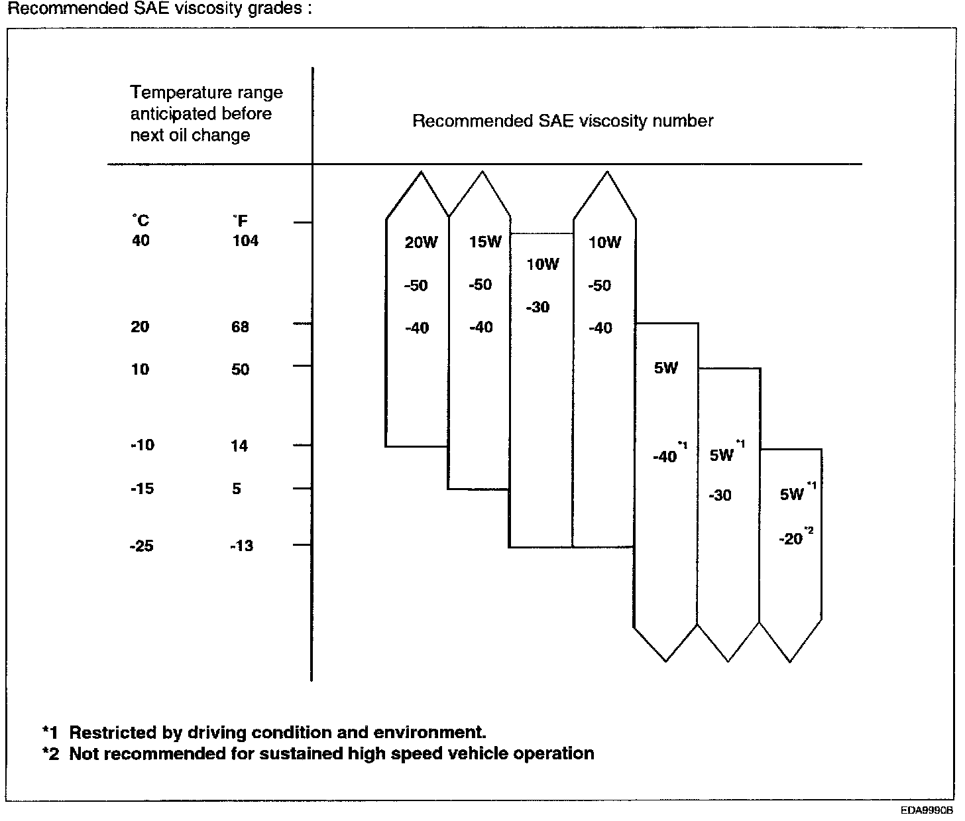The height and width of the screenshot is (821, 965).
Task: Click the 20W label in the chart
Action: click(421, 243)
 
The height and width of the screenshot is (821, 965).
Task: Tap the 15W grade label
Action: click(485, 242)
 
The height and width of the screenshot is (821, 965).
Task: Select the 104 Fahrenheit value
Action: click(245, 241)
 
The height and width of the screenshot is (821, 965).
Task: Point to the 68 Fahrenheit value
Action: click(240, 327)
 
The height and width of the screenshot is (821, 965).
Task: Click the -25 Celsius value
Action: click(142, 546)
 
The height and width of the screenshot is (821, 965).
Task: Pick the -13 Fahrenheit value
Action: click(241, 546)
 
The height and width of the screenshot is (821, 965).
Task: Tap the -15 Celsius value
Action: click(142, 489)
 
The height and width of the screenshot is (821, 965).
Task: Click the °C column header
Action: click(140, 221)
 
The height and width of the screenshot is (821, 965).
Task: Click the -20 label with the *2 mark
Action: click(792, 539)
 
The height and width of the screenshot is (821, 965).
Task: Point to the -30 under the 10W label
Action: click(538, 308)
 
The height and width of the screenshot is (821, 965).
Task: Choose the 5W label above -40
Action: click(666, 369)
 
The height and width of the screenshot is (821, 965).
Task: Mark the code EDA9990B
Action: click(926, 810)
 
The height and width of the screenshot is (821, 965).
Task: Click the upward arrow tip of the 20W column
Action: click(420, 173)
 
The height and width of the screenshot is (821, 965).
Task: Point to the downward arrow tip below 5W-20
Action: click(790, 661)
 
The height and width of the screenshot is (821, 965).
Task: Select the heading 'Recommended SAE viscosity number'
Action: click(563, 121)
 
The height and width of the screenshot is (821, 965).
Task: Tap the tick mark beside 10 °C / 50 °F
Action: click(302, 365)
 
